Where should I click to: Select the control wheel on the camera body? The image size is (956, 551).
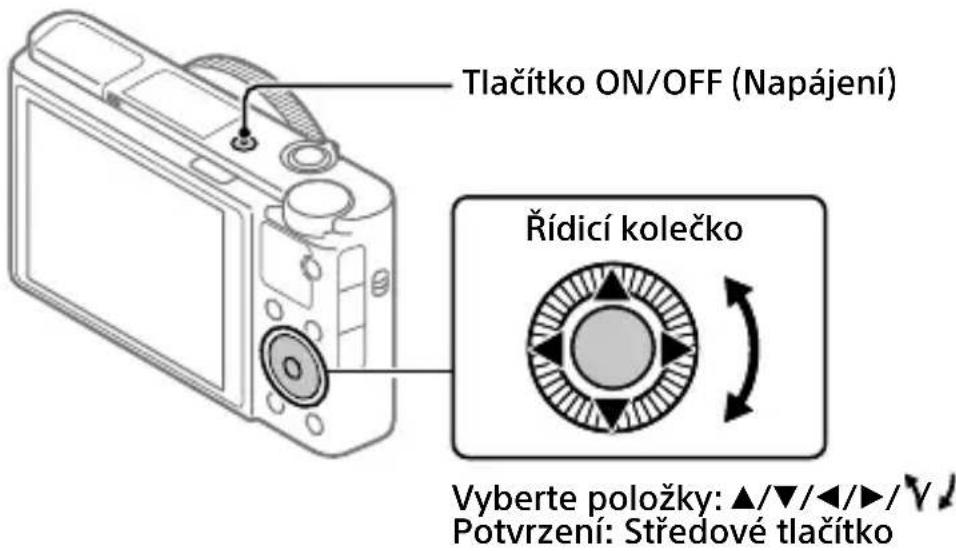[291, 369]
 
